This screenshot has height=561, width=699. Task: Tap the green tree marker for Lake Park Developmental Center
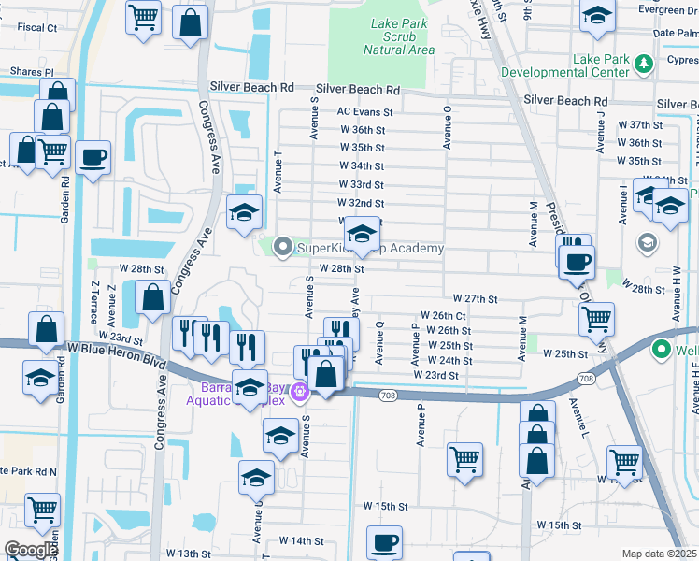click(643, 64)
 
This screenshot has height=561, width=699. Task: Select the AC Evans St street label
click(365, 111)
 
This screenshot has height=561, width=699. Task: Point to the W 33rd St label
click(361, 184)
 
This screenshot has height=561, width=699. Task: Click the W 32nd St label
click(361, 203)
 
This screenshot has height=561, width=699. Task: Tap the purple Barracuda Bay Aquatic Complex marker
click(299, 391)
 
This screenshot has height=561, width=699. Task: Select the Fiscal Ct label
click(37, 28)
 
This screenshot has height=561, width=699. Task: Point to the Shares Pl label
click(32, 71)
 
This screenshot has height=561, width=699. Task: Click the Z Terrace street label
click(93, 301)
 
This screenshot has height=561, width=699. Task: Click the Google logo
click(30, 550)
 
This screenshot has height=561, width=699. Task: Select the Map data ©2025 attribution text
click(658, 554)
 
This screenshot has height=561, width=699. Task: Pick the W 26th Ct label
click(443, 316)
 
